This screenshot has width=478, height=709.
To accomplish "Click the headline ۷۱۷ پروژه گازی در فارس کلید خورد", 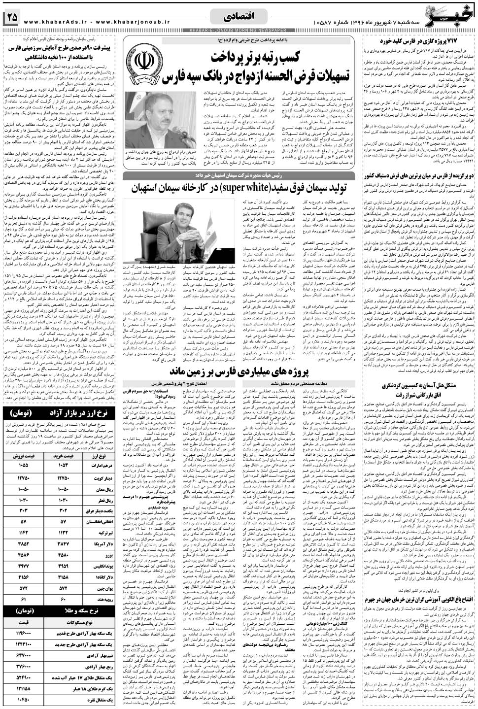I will click(421, 41).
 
